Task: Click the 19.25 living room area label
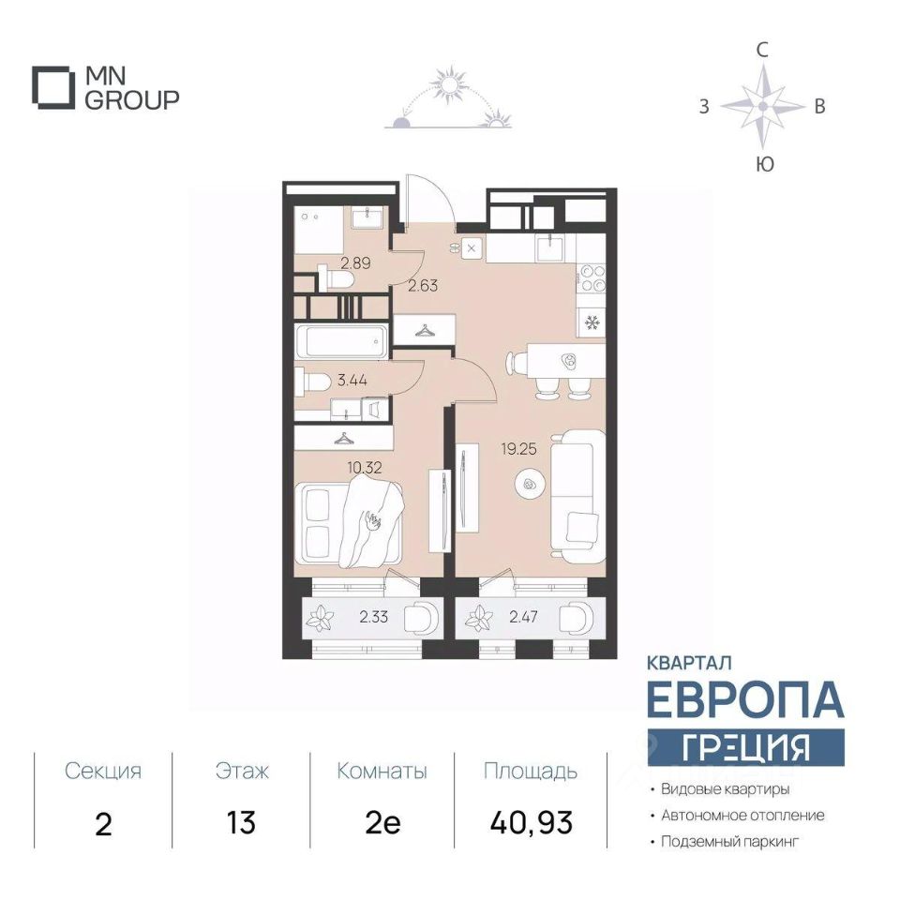pyautogui.click(x=518, y=449)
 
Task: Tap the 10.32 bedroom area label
pyautogui.click(x=365, y=467)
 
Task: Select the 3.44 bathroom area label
pyautogui.click(x=352, y=380)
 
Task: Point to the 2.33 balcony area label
pyautogui.click(x=374, y=617)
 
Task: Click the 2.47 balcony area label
pyautogui.click(x=523, y=617)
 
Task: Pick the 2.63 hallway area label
pyautogui.click(x=423, y=285)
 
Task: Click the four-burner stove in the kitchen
pyautogui.click(x=592, y=277)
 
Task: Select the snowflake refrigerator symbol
pyautogui.click(x=592, y=323)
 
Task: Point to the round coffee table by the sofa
pyautogui.click(x=528, y=485)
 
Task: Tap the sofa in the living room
pyautogui.click(x=577, y=497)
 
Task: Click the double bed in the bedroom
pyautogui.click(x=350, y=523)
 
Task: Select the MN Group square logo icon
pyautogui.click(x=53, y=87)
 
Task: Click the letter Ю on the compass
pyautogui.click(x=765, y=165)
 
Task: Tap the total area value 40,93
pyautogui.click(x=532, y=823)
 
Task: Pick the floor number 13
pyautogui.click(x=241, y=823)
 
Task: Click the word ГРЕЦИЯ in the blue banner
pyautogui.click(x=745, y=747)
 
